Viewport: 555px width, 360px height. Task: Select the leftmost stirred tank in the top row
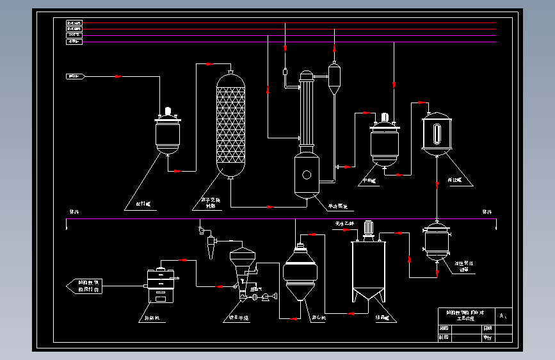(168, 133)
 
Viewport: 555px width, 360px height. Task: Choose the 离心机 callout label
(319, 317)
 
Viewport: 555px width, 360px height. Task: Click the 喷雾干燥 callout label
(238, 317)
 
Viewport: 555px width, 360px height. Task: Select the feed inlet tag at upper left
(76, 77)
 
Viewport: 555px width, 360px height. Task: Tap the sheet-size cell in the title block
(504, 316)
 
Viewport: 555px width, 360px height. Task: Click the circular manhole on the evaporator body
(307, 174)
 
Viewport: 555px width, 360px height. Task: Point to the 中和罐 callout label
(369, 181)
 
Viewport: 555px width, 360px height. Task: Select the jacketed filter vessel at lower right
(437, 242)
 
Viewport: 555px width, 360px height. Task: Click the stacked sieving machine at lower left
(161, 286)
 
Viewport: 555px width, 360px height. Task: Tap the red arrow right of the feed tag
(118, 77)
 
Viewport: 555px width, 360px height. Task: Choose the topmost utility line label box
(74, 23)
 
